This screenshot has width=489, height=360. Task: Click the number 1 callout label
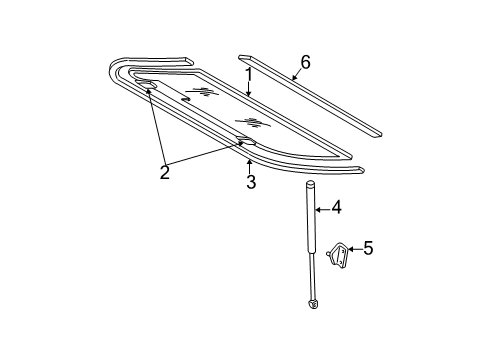coord(249,75)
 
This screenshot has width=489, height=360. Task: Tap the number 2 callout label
coord(165,172)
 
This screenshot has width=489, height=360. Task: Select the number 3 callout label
coord(252,181)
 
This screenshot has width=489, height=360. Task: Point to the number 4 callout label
coord(337,208)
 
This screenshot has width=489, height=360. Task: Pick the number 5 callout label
coord(367,247)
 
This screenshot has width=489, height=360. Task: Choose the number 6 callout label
coord(305,62)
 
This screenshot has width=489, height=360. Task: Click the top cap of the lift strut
coord(310,183)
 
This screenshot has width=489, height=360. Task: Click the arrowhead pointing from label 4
coord(318,209)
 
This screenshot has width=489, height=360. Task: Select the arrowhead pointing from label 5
coord(350,248)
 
